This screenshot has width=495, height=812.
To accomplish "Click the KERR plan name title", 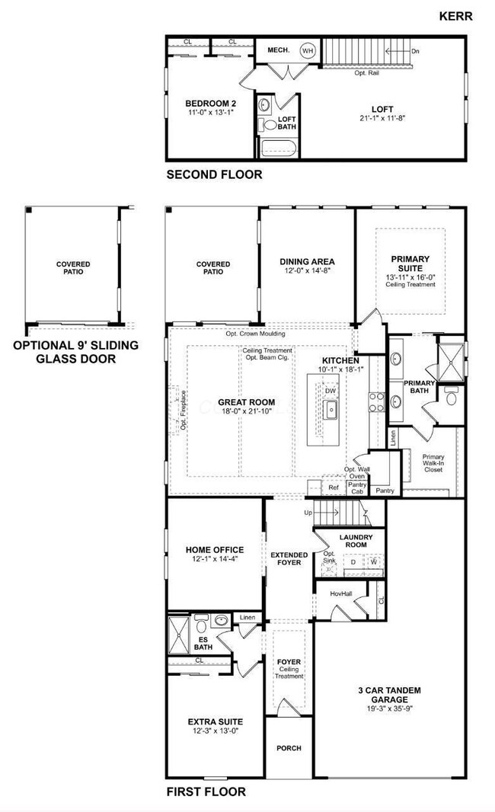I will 458,14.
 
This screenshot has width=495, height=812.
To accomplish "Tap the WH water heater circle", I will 308,51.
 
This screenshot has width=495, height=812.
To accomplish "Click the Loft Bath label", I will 286,123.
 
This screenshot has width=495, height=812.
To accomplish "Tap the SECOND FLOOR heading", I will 214,174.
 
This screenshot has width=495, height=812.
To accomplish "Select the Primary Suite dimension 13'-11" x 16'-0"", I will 410,277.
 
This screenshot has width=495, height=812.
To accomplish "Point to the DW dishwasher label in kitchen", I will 330,391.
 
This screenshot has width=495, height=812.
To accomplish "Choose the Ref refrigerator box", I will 333,487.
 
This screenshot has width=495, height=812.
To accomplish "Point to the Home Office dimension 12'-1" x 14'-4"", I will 214,561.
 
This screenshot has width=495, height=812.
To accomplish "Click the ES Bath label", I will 203,642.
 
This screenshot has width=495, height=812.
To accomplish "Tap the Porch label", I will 289,748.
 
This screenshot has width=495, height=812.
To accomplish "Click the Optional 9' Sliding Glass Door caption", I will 75,352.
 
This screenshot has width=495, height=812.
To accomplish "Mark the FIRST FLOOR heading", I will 206,792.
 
